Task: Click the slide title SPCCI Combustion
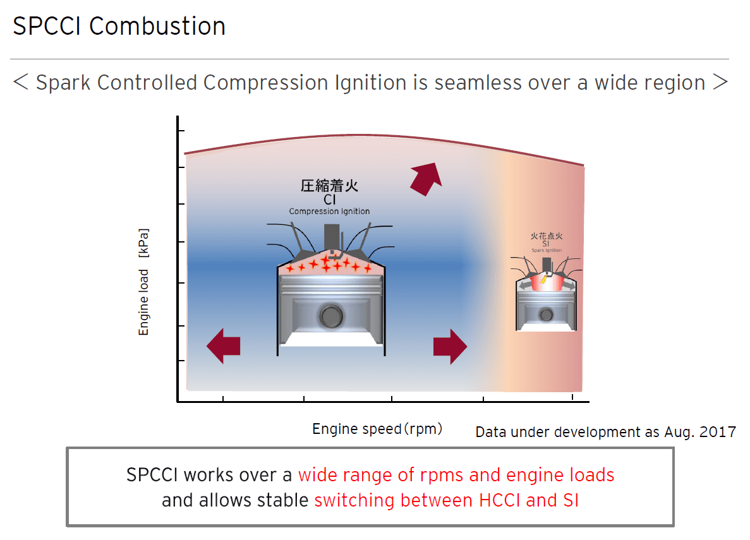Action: tap(119, 27)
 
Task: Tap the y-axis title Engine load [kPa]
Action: tap(144, 282)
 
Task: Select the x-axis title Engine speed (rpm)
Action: tap(377, 429)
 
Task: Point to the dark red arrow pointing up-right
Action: tap(425, 177)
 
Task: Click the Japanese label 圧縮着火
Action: tap(329, 186)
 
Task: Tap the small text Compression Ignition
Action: tap(329, 212)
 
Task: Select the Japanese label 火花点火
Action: tap(546, 236)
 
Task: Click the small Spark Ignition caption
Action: tap(546, 251)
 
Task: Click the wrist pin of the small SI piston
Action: tap(546, 314)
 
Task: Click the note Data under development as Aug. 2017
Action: tap(605, 432)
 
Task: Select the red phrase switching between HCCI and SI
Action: tap(446, 501)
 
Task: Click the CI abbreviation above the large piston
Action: tap(329, 200)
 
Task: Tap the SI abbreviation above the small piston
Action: tap(546, 244)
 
